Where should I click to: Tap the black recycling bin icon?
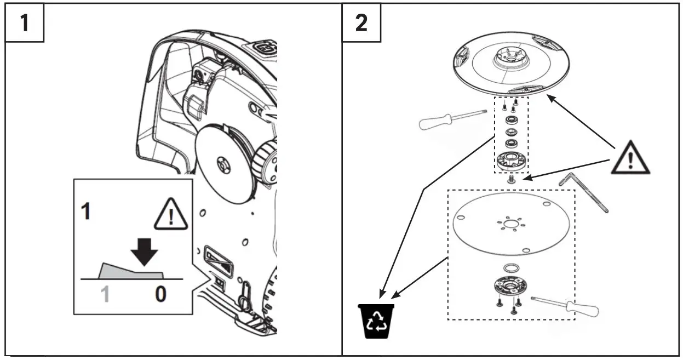coord(376,320)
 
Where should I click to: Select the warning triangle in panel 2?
coord(630,158)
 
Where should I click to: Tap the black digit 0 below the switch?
coord(160,295)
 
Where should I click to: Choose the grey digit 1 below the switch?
coord(105,295)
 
